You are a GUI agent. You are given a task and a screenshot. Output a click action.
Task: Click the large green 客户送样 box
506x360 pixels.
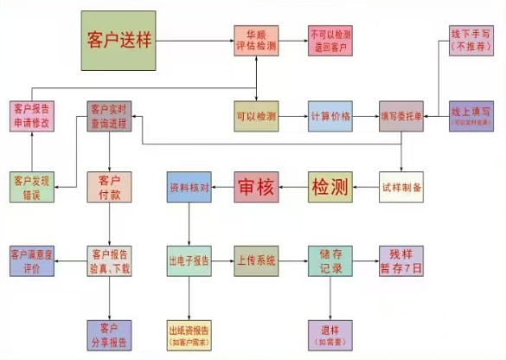[118, 41]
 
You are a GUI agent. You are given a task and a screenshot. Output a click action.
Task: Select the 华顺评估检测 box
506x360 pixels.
[257, 42]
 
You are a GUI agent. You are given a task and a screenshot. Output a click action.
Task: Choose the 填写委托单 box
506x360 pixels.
[401, 115]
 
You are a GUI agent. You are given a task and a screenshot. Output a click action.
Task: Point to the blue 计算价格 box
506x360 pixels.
[330, 115]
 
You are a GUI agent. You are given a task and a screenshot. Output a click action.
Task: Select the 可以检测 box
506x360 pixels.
[257, 115]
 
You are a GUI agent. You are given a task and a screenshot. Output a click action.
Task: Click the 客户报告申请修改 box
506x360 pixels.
[32, 116]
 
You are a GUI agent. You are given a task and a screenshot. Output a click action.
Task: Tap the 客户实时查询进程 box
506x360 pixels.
[109, 116]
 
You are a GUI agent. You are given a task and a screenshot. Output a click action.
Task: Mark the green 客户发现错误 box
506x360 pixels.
[32, 187]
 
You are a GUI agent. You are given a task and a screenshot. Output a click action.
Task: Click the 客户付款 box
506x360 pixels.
[109, 187]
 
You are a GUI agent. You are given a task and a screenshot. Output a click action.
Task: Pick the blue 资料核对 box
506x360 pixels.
[189, 187]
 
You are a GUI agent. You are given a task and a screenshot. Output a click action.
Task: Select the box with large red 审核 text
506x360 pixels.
[257, 187]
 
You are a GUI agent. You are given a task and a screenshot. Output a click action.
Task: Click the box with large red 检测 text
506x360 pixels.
[330, 187]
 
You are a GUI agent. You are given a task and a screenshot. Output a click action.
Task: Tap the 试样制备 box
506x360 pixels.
[401, 187]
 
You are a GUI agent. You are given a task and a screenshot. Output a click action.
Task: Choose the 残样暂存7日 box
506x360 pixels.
[401, 260]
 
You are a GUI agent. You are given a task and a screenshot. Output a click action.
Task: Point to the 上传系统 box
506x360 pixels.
[257, 260]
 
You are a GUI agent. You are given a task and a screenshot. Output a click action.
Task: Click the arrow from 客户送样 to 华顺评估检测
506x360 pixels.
[195, 42]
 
